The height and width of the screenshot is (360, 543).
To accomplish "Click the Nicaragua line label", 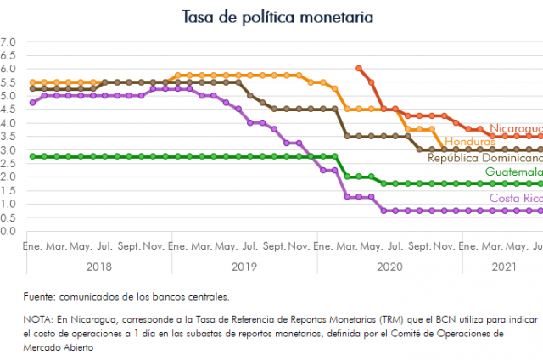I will point(516,128).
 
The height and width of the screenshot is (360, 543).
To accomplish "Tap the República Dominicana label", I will point(484,158).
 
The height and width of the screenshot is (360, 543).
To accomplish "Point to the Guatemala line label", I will point(513,172).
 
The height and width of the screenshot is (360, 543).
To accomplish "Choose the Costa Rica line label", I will point(515,199).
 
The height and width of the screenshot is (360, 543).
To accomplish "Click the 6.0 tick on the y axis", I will point(8,68).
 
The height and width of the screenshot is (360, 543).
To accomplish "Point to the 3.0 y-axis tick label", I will point(8,149).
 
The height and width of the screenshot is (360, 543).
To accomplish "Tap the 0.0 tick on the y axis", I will point(8,231).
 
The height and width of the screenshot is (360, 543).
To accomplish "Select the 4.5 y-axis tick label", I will point(8,109).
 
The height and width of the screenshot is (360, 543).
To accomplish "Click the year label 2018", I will point(99,267).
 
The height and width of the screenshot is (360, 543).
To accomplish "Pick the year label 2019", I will point(244,267).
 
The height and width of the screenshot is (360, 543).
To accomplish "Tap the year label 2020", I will point(389,267).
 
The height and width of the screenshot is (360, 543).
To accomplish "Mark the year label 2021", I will point(502,267).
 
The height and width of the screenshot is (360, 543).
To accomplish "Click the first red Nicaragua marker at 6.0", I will point(360,68).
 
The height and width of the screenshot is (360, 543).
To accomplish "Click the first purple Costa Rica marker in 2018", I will point(32,102).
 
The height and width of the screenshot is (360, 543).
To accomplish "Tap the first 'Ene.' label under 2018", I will point(32,245).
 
